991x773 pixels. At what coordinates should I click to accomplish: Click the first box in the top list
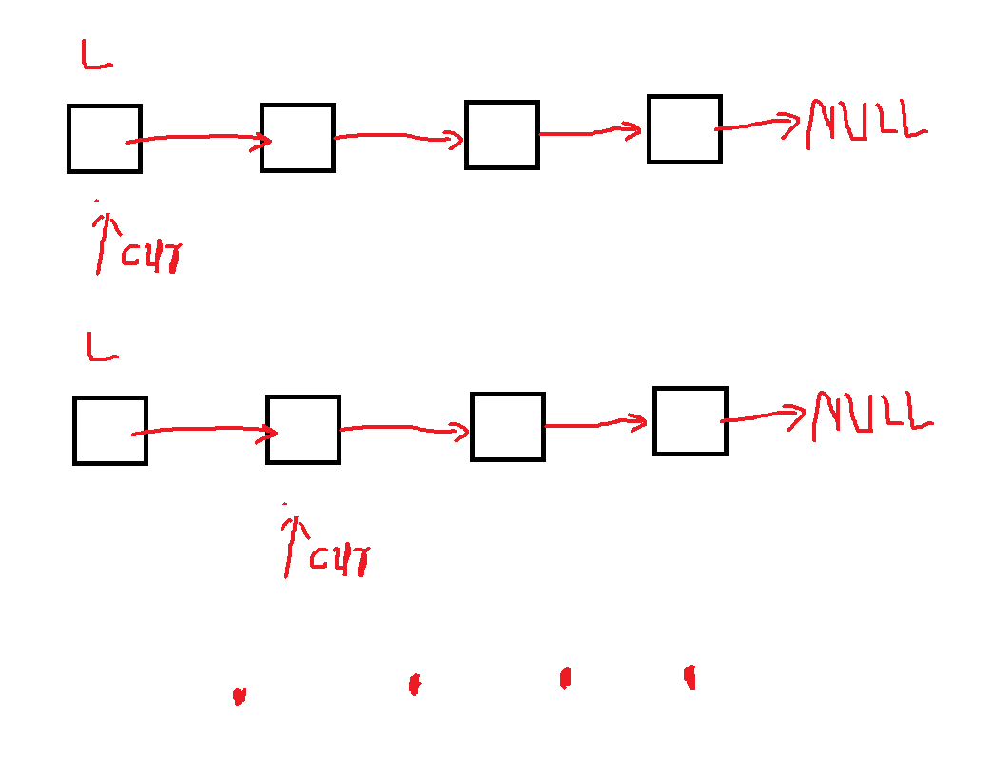[105, 139]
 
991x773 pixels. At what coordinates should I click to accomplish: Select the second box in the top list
[298, 138]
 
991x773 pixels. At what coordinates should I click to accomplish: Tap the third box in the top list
[502, 135]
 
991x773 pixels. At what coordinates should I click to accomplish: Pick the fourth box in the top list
[685, 129]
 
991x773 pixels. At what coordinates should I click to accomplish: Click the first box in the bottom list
[110, 431]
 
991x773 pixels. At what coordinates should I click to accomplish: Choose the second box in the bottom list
[303, 430]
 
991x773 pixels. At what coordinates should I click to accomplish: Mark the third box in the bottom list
[508, 427]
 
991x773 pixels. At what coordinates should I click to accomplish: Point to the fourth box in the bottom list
[690, 421]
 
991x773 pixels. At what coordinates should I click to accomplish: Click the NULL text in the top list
[865, 123]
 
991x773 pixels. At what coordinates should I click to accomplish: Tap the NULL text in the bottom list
[871, 415]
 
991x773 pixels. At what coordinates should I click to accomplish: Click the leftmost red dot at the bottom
[239, 697]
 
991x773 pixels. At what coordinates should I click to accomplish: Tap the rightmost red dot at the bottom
[690, 676]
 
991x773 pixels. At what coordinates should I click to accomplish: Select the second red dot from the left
[414, 684]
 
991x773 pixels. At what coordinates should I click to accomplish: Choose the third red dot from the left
[565, 678]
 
